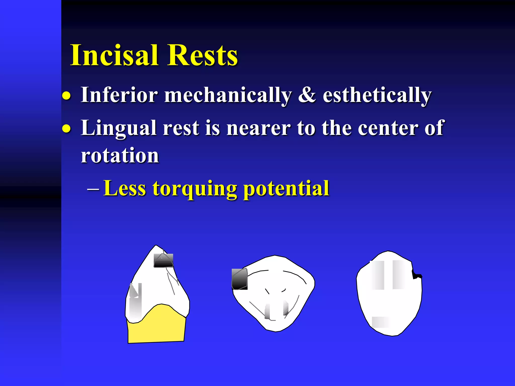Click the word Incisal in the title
point(114,55)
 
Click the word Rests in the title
point(202,55)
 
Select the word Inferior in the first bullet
point(119,95)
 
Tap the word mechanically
point(228,95)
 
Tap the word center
point(388,128)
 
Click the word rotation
point(120,156)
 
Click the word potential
point(286,189)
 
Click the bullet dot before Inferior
point(66,96)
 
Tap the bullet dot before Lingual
point(66,129)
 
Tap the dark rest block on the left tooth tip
point(163,261)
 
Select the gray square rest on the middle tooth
point(239,279)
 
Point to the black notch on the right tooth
point(416,275)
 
